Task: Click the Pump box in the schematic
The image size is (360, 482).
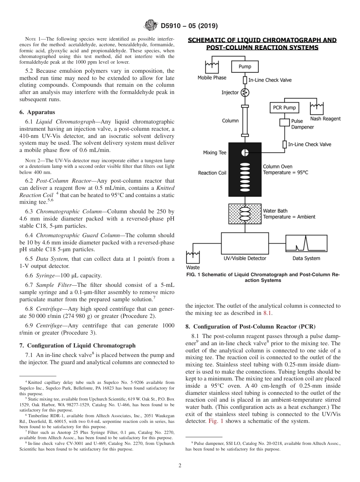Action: coord(244,67)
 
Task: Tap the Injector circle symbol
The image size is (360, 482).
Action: coord(245,92)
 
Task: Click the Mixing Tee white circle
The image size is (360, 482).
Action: coord(245,152)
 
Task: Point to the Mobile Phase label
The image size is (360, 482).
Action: coord(212,78)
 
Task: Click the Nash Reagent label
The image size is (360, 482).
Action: coord(325,119)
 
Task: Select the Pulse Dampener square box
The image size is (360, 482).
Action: coord(285,122)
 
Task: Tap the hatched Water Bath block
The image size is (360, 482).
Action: coord(245,214)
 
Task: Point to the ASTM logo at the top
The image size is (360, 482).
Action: coord(150,26)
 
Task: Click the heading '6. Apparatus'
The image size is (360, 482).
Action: coord(37,112)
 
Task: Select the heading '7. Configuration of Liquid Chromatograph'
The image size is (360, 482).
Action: coord(77,345)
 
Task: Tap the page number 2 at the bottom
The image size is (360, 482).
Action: coord(180,466)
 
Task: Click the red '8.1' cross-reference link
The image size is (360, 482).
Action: coord(268,313)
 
